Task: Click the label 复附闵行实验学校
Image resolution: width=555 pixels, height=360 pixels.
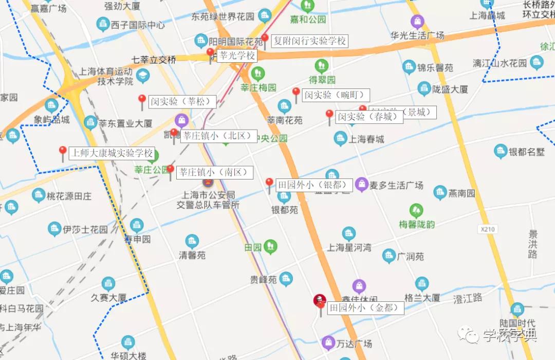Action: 309,41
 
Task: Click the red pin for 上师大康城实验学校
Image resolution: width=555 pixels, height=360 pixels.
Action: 63,152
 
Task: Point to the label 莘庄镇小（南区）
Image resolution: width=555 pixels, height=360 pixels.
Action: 215,173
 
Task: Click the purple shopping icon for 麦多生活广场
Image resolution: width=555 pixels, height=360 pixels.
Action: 362,184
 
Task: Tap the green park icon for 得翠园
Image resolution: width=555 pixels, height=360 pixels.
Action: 322,66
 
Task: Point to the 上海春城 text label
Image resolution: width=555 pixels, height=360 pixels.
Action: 366,139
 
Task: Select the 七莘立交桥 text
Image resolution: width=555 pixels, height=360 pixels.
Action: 154,60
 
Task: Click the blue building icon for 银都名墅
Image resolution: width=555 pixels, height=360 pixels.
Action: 501,151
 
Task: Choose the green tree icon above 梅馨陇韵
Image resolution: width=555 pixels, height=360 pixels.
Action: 416,210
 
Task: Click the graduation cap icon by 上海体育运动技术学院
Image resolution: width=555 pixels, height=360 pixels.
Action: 143,75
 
